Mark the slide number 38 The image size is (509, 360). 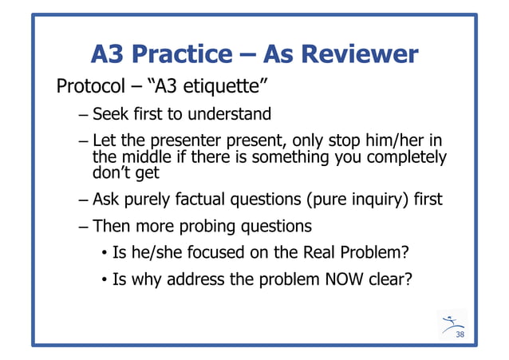459,335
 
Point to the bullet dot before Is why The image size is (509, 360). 105,281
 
